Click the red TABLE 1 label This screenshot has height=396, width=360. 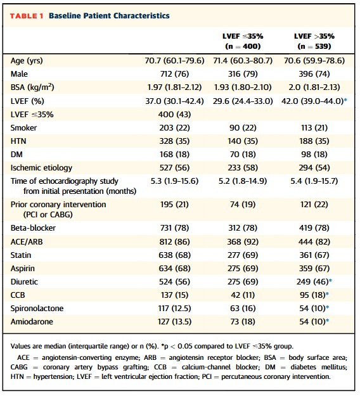click(27, 16)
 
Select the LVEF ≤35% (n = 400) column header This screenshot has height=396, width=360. click(243, 41)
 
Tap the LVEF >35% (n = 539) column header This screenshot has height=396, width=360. click(314, 41)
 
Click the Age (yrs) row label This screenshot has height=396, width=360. click(27, 61)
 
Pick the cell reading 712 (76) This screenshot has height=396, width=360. click(174, 74)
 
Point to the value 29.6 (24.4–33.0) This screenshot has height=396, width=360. click(243, 101)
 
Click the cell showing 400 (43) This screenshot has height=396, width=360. click(174, 115)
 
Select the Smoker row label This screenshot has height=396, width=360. click(23, 128)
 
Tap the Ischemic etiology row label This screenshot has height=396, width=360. click(41, 168)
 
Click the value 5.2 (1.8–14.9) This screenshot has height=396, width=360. click(243, 181)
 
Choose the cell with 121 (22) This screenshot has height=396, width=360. click(314, 204)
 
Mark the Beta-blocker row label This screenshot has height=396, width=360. click(33, 228)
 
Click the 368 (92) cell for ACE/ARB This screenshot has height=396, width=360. click(243, 241)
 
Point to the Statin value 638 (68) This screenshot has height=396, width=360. click(174, 255)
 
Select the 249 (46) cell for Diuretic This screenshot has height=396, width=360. click(312, 282)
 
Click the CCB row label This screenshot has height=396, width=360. click(18, 295)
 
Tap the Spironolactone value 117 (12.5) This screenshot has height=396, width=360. click(174, 309)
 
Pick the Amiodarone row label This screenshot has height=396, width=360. click(32, 322)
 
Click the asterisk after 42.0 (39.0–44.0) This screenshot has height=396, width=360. click(345, 99)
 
